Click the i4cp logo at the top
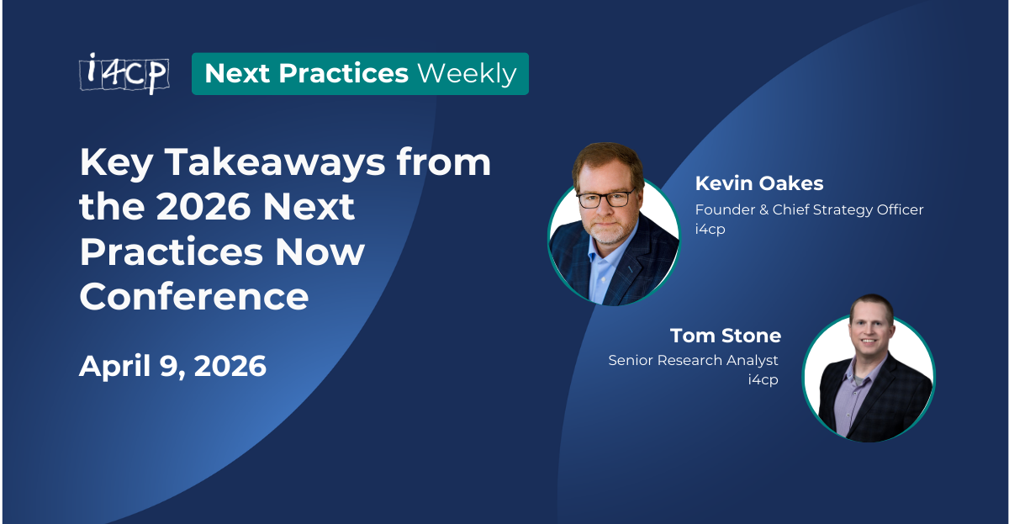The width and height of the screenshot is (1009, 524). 124,73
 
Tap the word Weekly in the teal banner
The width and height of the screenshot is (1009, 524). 467,74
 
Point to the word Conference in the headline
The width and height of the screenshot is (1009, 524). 193,297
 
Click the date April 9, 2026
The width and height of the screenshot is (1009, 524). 172,366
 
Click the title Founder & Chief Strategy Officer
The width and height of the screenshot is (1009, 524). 809,209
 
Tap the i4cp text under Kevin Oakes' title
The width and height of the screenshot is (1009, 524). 710,229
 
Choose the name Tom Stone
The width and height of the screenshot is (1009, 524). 725,336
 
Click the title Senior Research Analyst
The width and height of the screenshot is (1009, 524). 693,360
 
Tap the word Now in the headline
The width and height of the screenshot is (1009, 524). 328,252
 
